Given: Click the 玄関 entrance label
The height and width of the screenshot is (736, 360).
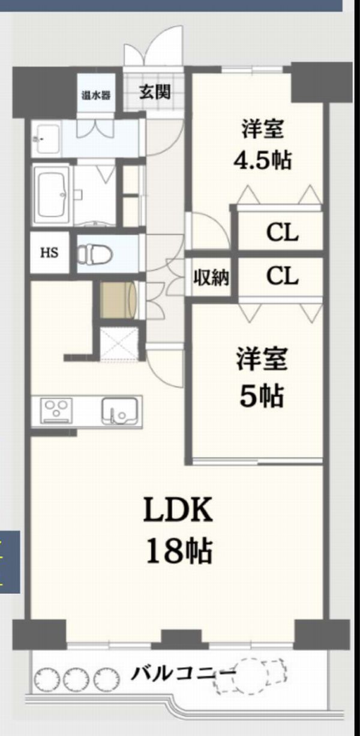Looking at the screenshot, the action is (155, 92).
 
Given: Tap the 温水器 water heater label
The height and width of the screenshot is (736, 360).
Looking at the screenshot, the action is (96, 96).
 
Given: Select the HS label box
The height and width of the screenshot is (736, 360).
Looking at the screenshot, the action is (49, 253).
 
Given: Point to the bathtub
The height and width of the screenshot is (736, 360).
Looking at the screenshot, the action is (52, 195).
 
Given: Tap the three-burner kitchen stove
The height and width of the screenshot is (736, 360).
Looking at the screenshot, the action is (56, 411).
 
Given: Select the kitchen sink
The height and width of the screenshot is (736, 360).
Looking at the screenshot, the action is (119, 411).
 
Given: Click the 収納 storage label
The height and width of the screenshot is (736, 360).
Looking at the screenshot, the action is (211, 278).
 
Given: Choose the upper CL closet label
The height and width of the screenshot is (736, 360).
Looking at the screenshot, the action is (282, 233).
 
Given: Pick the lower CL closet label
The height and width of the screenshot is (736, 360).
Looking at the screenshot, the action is (282, 276).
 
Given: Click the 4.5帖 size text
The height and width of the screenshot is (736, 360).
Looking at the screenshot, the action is (262, 161).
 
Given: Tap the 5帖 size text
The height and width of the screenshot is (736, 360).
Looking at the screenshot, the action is (262, 396).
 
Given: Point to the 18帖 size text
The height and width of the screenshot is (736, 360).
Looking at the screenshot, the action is (179, 552).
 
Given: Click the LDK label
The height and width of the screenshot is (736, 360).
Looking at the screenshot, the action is (178, 511).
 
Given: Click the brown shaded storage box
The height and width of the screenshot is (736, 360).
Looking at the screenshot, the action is (118, 300).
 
